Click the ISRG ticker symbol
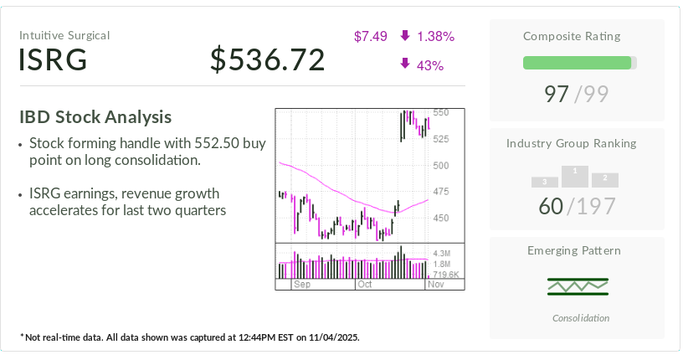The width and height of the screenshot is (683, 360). [53, 59]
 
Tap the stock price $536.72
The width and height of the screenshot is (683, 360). [267, 59]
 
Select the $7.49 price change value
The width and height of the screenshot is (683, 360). [370, 36]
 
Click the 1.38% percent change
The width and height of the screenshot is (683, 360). [435, 36]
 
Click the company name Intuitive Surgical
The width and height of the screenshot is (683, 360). [64, 35]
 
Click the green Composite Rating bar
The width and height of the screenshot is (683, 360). [577, 63]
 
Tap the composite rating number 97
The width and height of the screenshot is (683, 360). [557, 94]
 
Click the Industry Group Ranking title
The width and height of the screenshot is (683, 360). [571, 143]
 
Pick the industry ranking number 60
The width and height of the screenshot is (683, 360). [551, 206]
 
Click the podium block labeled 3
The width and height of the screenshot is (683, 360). [544, 182]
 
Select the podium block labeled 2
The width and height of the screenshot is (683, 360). [604, 179]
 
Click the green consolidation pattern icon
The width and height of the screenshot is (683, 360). [577, 286]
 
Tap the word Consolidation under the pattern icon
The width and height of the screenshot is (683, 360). [581, 318]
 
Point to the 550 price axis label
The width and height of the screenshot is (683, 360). [440, 112]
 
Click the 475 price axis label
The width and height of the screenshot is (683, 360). [440, 192]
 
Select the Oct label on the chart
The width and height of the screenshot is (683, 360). [365, 285]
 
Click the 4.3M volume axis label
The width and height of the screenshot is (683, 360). [442, 253]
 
